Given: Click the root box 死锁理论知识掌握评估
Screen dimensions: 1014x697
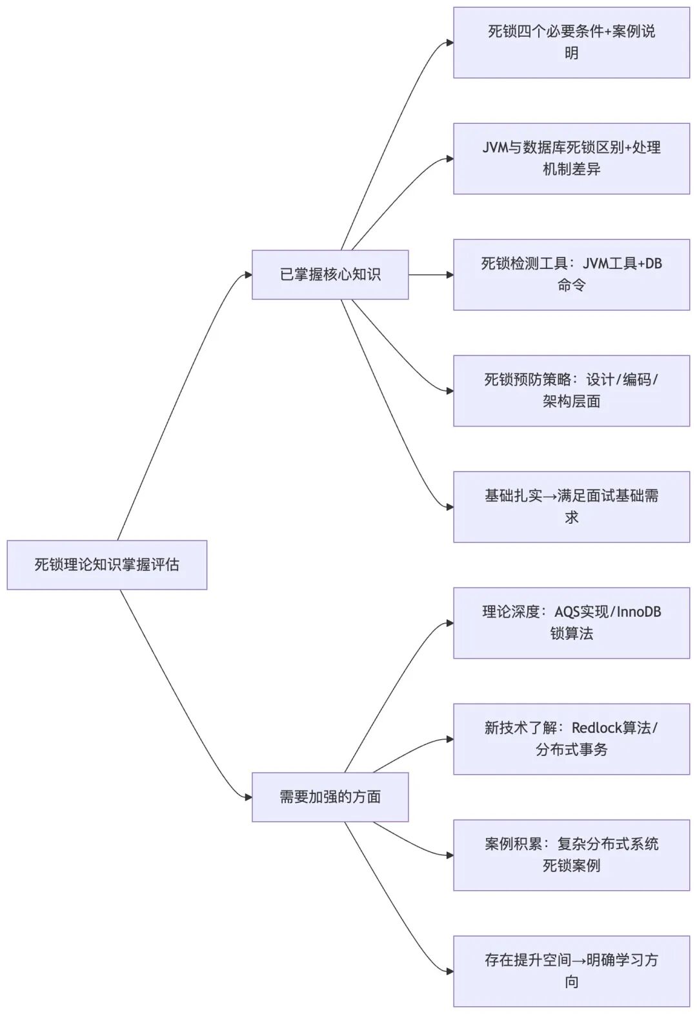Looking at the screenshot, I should [106, 565].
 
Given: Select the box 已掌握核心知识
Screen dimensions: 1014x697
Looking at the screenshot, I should [330, 275].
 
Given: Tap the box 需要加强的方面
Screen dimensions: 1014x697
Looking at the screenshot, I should [330, 797].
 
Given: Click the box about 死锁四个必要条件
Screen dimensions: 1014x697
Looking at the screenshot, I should [571, 43].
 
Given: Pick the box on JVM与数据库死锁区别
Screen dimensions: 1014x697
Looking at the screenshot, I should [571, 159].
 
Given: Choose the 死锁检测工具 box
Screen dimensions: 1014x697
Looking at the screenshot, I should [571, 275].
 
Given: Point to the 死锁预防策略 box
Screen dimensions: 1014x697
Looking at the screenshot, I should [571, 391].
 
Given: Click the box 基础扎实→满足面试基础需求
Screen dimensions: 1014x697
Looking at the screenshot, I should [571, 507].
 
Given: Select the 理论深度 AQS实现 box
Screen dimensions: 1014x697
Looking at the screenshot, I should [571, 623].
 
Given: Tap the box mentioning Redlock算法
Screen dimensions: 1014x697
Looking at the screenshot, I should [571, 739].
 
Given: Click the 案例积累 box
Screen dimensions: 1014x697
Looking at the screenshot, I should [571, 855].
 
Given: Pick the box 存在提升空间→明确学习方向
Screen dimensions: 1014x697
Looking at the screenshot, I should [571, 971].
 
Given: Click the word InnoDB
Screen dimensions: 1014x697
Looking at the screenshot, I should [639, 612].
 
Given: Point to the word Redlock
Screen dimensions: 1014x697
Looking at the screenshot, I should [594, 728].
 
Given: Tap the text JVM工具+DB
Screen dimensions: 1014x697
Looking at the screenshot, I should [622, 264].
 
